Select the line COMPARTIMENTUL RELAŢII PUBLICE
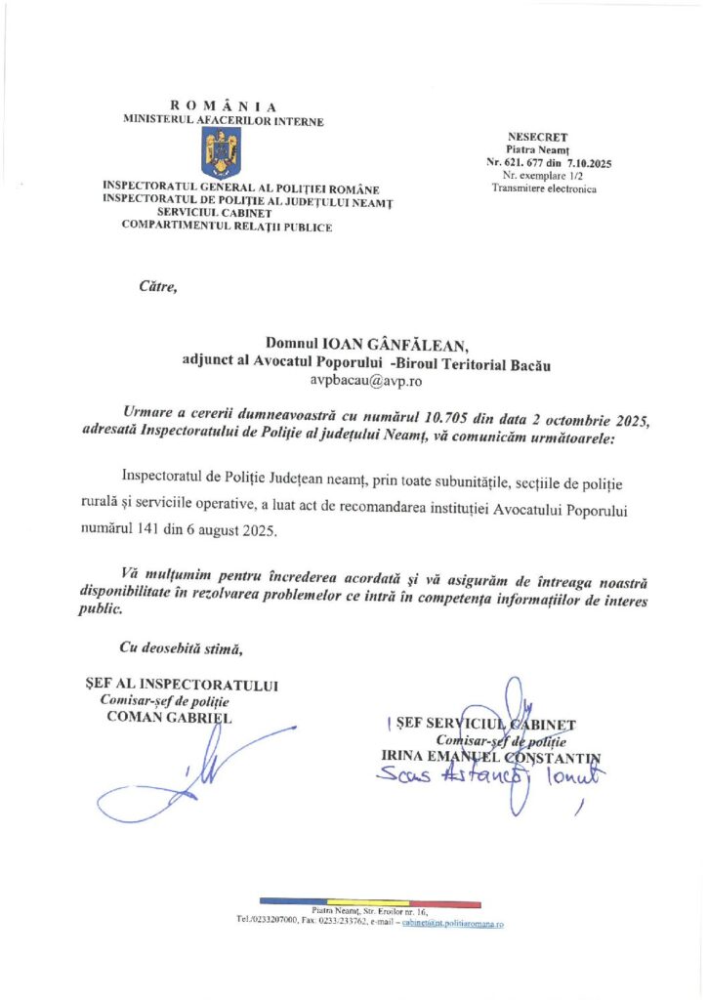coord(226,226)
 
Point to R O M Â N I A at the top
coord(224,106)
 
